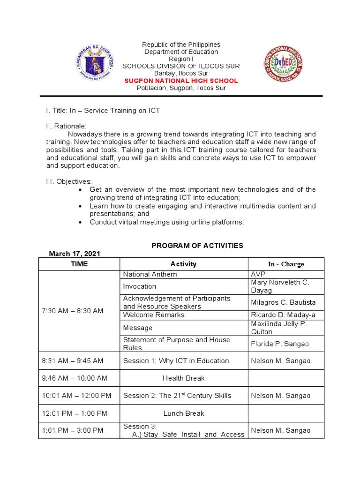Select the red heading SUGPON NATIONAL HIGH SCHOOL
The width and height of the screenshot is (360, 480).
point(181,81)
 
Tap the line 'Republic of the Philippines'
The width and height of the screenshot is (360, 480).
point(181,45)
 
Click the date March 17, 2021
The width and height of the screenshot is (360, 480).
point(75,254)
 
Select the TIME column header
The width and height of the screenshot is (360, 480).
point(79,264)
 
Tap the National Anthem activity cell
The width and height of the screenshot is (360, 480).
point(150,274)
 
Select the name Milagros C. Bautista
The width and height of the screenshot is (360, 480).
point(283,302)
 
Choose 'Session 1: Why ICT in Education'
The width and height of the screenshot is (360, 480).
point(176,361)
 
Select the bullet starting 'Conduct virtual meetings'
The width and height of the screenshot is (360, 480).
point(167,222)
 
